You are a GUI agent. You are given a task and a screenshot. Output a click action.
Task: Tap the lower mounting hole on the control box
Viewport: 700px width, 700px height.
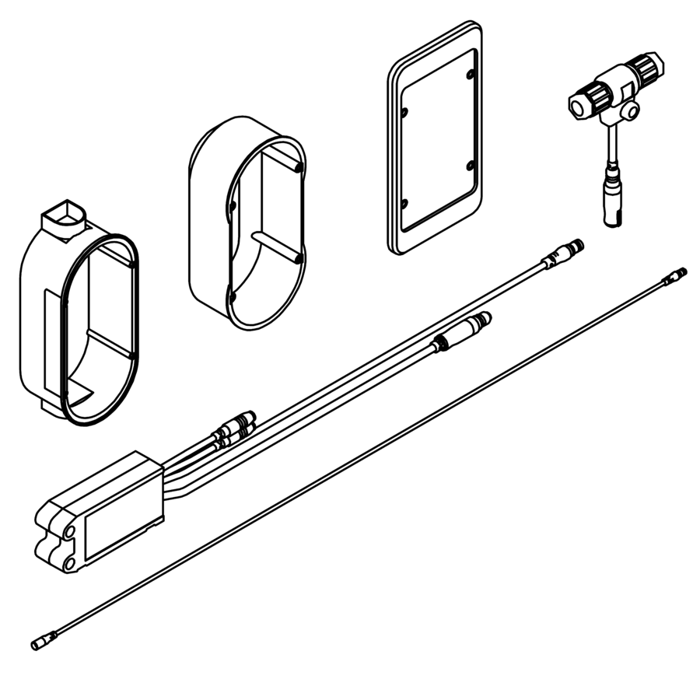coord(68,561)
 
